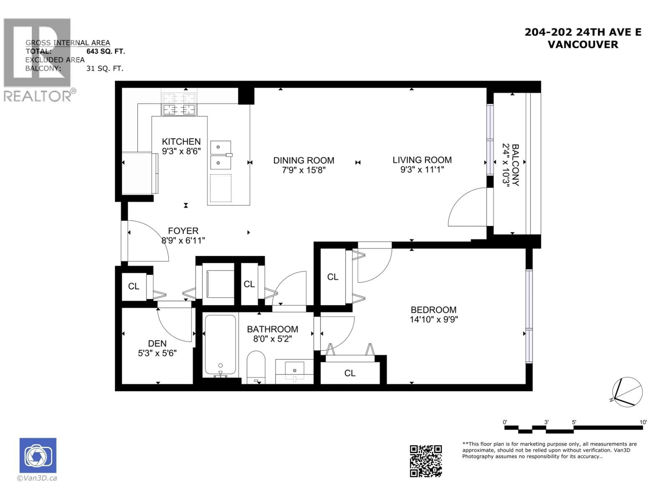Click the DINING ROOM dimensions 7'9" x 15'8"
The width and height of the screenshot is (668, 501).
point(304,170)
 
